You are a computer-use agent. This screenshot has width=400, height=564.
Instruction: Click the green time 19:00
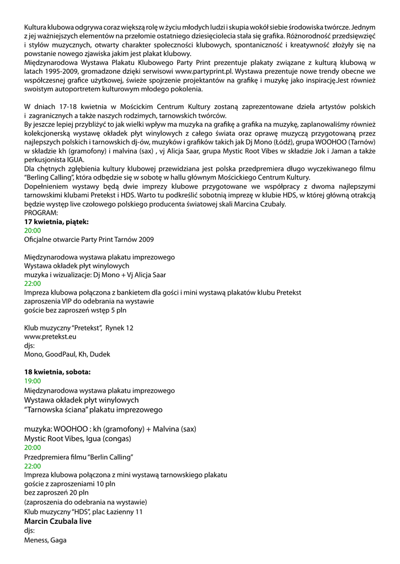[33, 381]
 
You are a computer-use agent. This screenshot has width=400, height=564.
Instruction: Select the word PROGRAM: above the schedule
[40, 213]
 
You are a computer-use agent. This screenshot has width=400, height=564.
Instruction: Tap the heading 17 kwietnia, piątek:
[56, 222]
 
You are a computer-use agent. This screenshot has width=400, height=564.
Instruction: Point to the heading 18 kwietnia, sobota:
[58, 372]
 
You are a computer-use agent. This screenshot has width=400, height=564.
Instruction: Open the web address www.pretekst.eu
[50, 337]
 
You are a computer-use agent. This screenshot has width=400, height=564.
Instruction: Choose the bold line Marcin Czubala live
[58, 521]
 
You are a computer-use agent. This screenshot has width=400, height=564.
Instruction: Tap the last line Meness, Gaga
[45, 540]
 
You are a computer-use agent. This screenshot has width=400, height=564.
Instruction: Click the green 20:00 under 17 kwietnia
[33, 231]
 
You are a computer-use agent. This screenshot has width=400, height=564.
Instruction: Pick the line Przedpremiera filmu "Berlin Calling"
[79, 457]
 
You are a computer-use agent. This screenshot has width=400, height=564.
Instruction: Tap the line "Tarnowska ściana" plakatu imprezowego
[93, 410]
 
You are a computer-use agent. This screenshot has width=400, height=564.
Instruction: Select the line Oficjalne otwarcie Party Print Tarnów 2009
[89, 240]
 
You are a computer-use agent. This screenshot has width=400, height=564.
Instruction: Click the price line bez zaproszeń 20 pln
[56, 493]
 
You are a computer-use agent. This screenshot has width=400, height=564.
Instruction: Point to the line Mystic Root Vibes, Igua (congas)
[78, 438]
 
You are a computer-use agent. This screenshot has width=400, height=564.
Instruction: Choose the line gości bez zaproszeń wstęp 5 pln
[76, 310]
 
